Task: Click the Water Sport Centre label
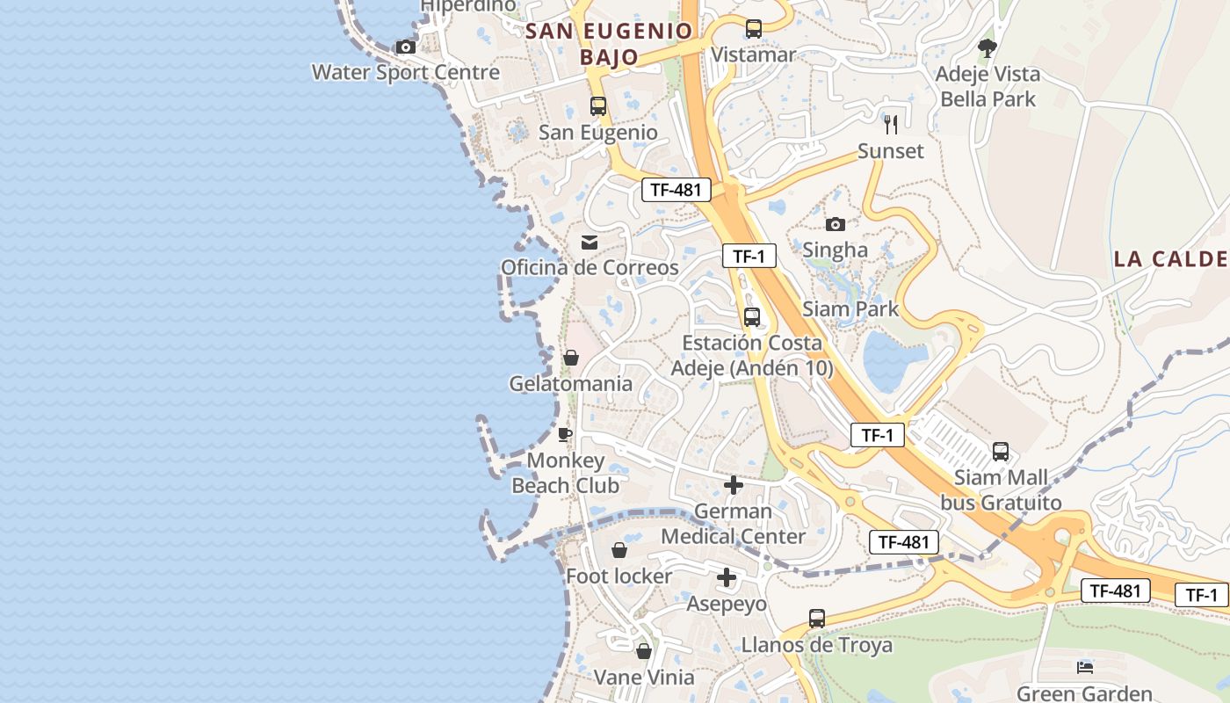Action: [x=406, y=72]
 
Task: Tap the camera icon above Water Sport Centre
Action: [x=405, y=47]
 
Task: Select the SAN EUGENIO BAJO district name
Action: [x=609, y=44]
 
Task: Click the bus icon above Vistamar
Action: [x=753, y=28]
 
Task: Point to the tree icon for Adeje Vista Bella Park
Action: [x=988, y=48]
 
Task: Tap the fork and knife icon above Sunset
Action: [x=891, y=124]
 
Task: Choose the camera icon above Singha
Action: [x=836, y=224]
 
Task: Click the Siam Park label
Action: [x=850, y=308]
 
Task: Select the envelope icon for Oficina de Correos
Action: [x=589, y=242]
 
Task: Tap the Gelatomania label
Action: [x=571, y=384]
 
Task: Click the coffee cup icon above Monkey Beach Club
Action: [x=565, y=434]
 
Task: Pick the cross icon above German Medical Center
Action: [x=734, y=485]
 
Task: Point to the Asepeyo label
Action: [x=727, y=604]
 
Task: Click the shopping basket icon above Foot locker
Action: [x=619, y=550]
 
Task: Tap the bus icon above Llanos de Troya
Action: [x=817, y=619]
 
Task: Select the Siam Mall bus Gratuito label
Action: [x=1002, y=490]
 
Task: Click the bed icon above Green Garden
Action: [x=1085, y=668]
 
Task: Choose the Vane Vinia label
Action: [x=644, y=678]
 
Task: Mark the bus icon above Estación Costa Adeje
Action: [x=752, y=317]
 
